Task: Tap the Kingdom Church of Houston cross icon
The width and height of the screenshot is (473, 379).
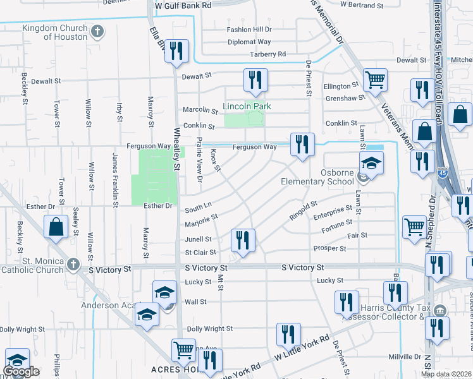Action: [97, 30]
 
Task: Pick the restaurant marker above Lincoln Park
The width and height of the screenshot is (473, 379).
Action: [255, 80]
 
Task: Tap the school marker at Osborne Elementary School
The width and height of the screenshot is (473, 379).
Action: [372, 164]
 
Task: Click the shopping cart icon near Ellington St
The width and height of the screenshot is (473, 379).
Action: [375, 80]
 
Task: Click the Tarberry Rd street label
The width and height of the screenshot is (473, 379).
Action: [267, 54]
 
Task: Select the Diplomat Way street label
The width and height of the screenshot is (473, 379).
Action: [249, 42]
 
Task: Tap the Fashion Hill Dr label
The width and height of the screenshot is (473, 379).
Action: [249, 30]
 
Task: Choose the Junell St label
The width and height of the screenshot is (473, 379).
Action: [198, 239]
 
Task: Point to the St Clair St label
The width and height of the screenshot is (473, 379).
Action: [200, 253]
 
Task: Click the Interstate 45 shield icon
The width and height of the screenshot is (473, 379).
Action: [442, 171]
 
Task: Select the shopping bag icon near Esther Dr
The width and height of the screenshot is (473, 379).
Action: [56, 227]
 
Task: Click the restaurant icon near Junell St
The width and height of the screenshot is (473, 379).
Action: [242, 240]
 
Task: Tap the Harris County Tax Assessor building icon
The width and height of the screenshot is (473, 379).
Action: [441, 311]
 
